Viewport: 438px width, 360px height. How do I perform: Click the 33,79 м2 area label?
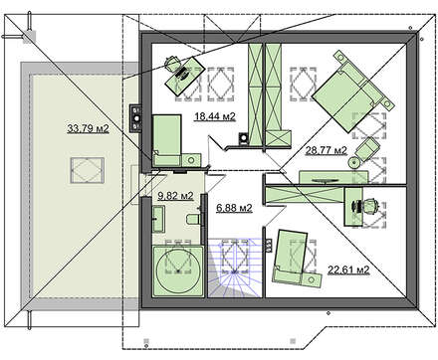(88, 128)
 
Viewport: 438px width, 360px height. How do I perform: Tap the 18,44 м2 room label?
(215, 116)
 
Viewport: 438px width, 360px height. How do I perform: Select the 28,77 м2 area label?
(327, 151)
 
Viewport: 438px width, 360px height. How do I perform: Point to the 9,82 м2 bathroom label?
(175, 196)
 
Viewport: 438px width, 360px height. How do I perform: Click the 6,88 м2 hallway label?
(234, 208)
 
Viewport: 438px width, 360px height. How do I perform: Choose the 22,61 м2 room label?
(348, 270)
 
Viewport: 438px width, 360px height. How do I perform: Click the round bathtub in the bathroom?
(178, 270)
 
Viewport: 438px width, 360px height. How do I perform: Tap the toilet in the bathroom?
(193, 219)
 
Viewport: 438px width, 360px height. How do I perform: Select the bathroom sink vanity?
(158, 219)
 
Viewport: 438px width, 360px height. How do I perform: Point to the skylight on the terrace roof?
(88, 171)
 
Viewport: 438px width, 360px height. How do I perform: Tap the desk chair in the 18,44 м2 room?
(172, 64)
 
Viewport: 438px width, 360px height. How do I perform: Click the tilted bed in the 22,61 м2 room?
(290, 257)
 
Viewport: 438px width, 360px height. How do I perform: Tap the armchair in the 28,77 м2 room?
(367, 150)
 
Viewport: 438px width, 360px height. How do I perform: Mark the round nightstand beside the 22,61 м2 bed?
(312, 279)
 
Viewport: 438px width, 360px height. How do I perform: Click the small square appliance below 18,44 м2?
(244, 138)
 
